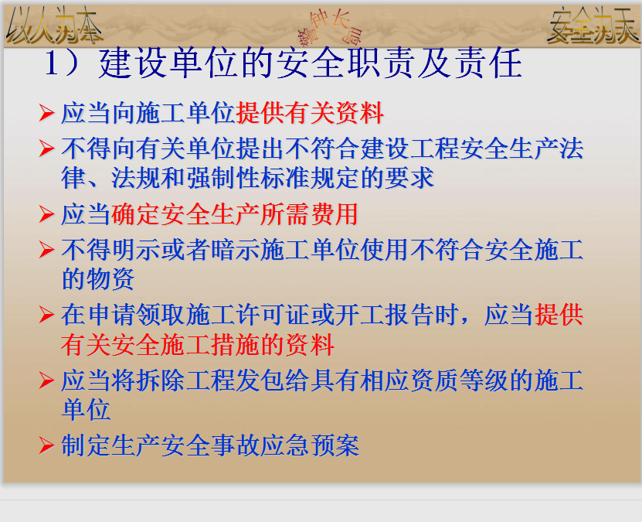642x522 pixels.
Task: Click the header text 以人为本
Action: click(x=54, y=26)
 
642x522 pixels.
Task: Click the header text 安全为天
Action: click(x=593, y=26)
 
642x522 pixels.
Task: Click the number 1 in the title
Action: click(x=51, y=63)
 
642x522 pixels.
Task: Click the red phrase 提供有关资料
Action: click(x=310, y=113)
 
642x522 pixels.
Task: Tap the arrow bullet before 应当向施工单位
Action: click(x=46, y=113)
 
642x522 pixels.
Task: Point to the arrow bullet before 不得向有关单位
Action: click(x=46, y=148)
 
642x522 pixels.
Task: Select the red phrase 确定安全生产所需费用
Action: click(x=235, y=214)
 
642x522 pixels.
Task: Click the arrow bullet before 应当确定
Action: click(x=46, y=214)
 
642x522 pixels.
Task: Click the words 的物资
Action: click(x=98, y=278)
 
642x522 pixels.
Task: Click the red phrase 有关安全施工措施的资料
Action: click(x=198, y=345)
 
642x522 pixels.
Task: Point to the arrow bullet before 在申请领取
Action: click(x=46, y=315)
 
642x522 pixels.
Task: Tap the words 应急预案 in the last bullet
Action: click(x=310, y=445)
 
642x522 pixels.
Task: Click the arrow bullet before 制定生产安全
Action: click(x=46, y=445)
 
